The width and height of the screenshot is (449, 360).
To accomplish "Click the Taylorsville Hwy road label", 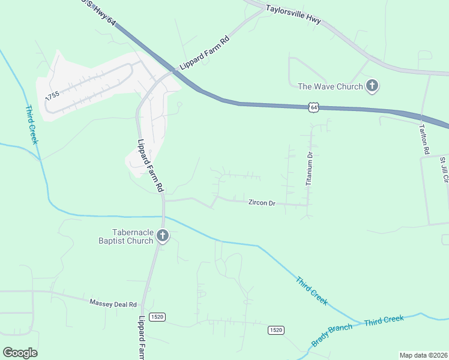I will pos(293,15).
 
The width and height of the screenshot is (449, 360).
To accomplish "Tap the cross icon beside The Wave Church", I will pos(372,86).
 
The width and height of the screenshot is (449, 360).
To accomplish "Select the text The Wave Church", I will pos(330,86).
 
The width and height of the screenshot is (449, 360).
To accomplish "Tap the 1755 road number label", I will pos(53,100).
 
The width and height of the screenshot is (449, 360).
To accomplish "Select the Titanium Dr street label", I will pos(310,167).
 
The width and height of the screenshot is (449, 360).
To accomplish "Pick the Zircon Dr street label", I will pos(262,203).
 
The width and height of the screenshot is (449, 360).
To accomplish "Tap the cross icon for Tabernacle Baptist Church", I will pos(162,236).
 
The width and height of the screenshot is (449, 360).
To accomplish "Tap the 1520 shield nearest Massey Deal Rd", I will pos(157,317).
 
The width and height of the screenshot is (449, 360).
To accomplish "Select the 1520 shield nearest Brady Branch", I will pos(276,330).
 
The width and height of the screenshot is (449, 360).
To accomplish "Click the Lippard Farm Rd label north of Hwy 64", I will pos(205,52).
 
